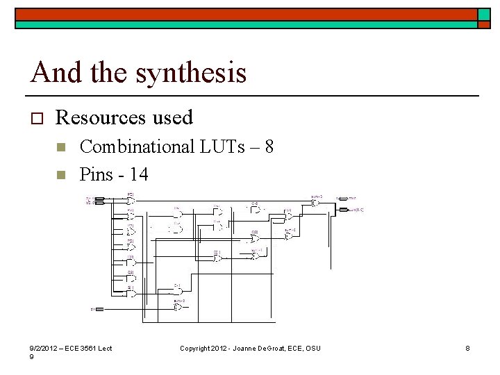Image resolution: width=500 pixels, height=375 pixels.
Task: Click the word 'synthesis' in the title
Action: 192,72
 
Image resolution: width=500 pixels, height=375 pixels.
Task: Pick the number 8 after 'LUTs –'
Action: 269,147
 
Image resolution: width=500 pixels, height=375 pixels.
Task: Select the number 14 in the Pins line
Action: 138,173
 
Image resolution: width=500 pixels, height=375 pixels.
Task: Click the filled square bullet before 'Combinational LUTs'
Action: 60,147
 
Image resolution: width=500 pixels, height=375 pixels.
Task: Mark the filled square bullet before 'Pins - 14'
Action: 60,174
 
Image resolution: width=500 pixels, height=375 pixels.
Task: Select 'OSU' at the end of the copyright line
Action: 314,348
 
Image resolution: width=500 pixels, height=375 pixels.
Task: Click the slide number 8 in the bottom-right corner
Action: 468,348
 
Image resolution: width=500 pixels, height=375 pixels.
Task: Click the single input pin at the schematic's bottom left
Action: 98,308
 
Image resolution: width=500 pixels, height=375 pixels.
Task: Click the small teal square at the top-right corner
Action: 483,15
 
